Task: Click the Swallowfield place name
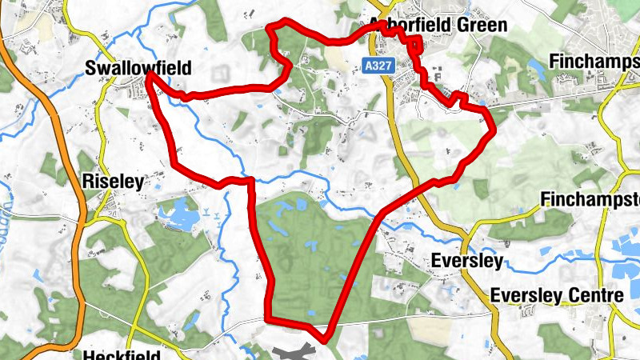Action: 138,69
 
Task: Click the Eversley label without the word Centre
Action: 466,261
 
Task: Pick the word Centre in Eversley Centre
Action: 587,296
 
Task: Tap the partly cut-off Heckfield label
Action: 121,354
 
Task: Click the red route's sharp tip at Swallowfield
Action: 150,77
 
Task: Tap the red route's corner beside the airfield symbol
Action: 325,339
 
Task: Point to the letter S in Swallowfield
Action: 90,70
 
